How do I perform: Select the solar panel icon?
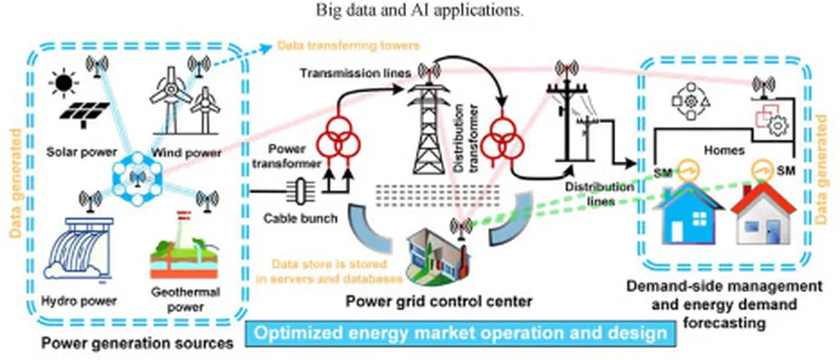[84, 112]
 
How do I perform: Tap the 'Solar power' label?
[81, 152]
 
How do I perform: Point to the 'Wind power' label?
[186, 153]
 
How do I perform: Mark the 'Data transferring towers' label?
[348, 46]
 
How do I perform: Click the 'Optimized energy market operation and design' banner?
[459, 334]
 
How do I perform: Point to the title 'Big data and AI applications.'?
[419, 10]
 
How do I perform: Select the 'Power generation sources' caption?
[138, 343]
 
